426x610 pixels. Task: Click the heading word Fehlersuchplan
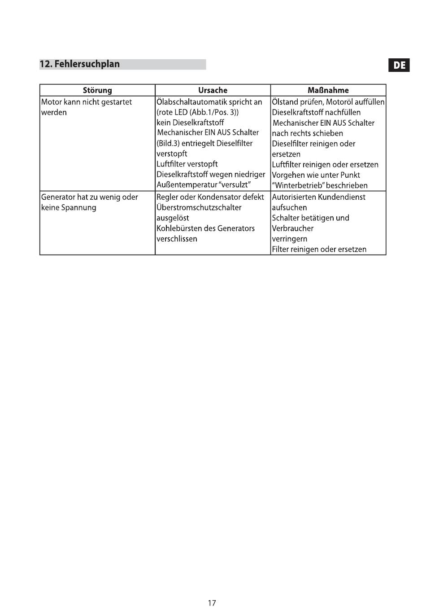click(87, 64)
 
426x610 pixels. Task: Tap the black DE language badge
click(399, 66)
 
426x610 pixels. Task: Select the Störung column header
click(97, 90)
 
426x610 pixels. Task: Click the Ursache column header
click(213, 90)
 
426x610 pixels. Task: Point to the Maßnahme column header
click(328, 90)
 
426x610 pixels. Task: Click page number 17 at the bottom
click(212, 603)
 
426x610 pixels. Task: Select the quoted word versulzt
click(234, 185)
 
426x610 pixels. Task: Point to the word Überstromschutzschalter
click(199, 207)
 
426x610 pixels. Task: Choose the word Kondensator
click(218, 197)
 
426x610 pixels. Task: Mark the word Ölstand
click(285, 102)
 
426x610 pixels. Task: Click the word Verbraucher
click(292, 228)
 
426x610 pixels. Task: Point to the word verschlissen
click(177, 239)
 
